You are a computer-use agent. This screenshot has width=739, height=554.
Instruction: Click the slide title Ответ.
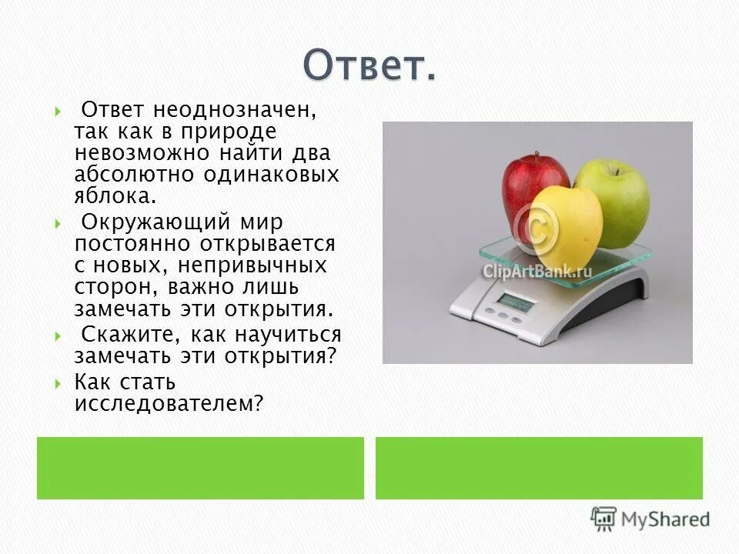point(369,65)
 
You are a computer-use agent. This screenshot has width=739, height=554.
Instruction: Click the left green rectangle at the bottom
point(200,468)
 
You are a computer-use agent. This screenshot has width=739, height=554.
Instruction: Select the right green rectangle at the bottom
point(539,468)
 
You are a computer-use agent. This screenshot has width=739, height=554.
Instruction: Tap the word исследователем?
point(169,403)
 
